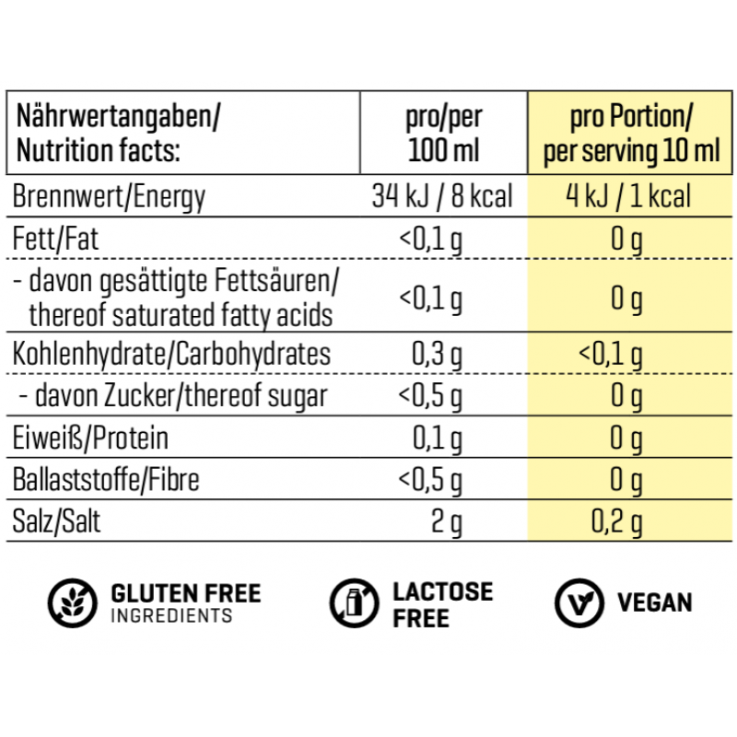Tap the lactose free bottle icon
[x=354, y=603]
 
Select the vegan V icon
[x=579, y=603]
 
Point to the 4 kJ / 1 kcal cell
[x=628, y=197]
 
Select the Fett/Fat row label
[x=57, y=240]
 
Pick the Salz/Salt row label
[x=59, y=522]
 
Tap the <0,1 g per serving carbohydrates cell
[x=610, y=355]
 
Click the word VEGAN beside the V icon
[x=654, y=603]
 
